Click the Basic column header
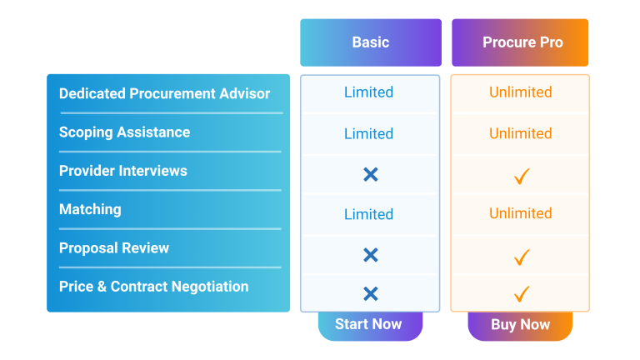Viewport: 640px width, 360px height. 371,42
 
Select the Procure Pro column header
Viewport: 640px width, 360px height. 520,42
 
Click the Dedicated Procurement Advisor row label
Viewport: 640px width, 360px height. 164,93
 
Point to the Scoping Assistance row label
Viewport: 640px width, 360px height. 124,132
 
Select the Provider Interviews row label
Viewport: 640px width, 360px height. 122,171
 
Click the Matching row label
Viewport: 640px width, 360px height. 90,209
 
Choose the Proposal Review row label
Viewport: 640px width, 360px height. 114,247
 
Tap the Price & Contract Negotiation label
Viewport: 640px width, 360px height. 154,287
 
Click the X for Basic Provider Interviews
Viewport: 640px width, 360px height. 371,174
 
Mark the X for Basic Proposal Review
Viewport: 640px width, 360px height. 371,255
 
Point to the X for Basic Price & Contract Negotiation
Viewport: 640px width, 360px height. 371,293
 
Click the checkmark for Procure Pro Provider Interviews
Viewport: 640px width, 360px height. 521,176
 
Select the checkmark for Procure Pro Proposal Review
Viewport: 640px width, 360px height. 521,257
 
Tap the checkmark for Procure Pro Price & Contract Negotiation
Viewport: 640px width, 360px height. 521,293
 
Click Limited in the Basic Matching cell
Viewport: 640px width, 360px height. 368,214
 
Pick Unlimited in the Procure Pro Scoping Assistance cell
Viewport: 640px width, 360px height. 520,133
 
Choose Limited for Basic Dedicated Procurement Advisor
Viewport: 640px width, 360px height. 368,92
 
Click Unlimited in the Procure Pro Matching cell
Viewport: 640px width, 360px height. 520,213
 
